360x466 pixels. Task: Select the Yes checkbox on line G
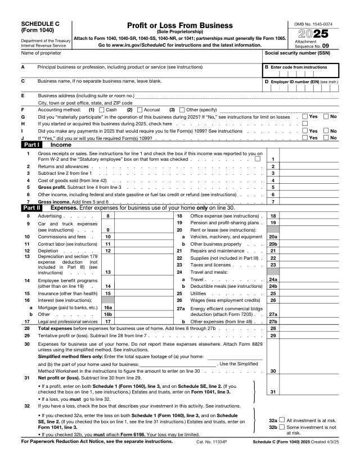point(304,116)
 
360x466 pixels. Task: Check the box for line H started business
point(304,124)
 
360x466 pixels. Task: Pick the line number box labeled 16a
point(109,308)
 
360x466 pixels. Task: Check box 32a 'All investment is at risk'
point(282,420)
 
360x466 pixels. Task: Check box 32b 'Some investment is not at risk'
point(282,427)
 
